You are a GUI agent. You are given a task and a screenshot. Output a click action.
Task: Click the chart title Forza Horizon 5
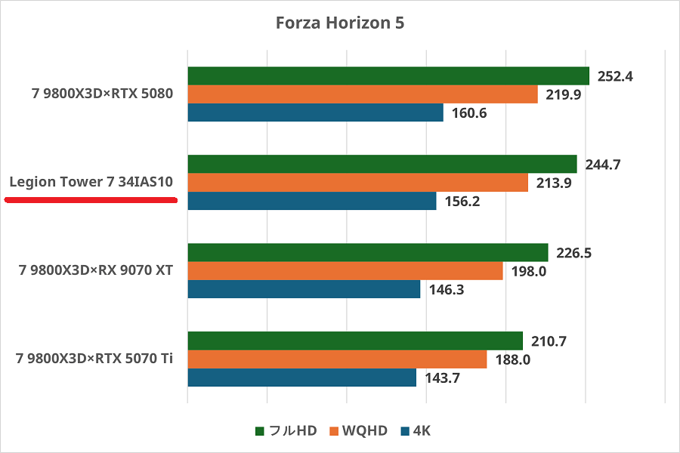pos(340,23)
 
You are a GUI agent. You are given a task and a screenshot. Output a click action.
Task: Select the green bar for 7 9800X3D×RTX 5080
pos(388,75)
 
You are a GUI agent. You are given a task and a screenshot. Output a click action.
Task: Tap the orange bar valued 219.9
pos(363,94)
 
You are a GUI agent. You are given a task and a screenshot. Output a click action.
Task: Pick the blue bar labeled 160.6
pos(315,112)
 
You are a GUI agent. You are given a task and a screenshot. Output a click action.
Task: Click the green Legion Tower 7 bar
pos(382,164)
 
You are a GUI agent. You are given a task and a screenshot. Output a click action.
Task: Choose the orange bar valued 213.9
pos(358,183)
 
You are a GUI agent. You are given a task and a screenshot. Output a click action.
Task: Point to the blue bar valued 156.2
pos(312,201)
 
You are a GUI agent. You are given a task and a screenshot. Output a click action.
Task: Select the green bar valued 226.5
pos(368,252)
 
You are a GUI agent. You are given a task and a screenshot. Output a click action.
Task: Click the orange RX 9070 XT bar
pos(345,271)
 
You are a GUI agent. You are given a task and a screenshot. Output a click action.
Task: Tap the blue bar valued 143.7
pos(302,377)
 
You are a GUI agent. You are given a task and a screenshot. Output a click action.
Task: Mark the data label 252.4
pos(614,75)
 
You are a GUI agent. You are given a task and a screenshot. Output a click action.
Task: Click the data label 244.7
pos(602,165)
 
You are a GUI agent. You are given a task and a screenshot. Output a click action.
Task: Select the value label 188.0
pos(512,359)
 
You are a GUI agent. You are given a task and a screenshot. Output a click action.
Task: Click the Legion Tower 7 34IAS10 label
pos(91,182)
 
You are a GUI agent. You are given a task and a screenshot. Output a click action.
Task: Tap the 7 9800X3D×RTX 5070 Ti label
pos(94,358)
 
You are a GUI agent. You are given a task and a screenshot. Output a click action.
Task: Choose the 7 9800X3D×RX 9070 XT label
pos(96,270)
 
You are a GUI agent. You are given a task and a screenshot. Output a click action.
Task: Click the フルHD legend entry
pos(286,431)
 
